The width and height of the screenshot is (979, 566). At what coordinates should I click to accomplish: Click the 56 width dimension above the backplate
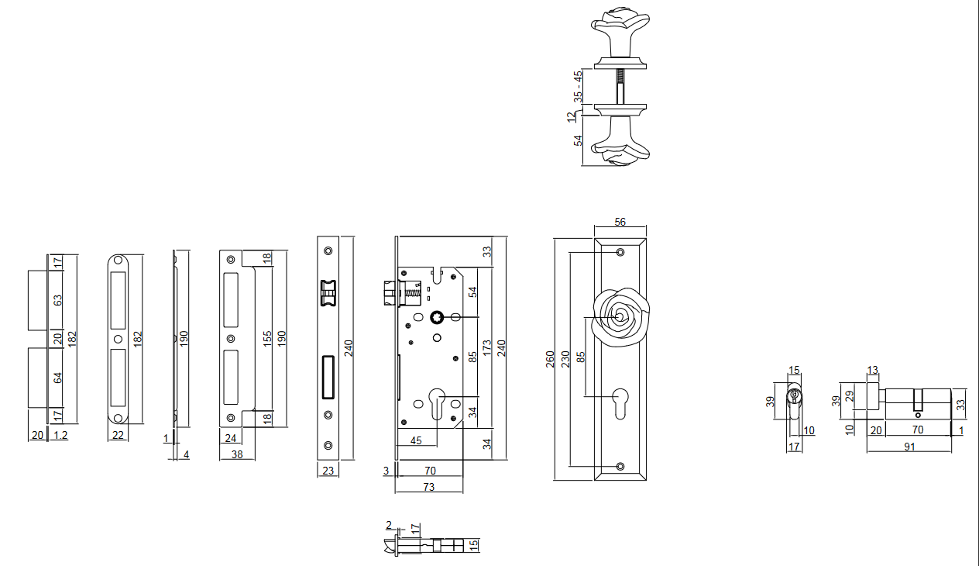click(620, 222)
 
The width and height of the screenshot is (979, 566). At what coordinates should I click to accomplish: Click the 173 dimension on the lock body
click(486, 346)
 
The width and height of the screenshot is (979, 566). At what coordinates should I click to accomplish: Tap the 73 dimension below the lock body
click(428, 487)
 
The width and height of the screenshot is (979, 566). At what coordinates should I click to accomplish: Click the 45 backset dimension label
click(416, 441)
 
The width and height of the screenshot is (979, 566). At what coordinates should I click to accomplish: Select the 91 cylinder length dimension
click(909, 447)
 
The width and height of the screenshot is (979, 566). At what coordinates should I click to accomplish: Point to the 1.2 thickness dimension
click(60, 435)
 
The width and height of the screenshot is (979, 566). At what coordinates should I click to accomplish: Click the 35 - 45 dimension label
click(577, 87)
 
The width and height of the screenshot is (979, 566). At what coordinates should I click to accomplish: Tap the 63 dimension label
click(57, 300)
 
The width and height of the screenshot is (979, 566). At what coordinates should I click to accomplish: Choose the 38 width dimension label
click(237, 454)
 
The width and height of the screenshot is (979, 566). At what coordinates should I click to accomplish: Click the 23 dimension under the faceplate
click(327, 470)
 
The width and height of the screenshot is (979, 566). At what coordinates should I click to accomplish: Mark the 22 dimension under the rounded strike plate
click(118, 435)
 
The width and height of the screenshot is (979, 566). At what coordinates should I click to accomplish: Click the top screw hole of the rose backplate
click(620, 253)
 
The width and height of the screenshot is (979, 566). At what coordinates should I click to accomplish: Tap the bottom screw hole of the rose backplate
click(620, 467)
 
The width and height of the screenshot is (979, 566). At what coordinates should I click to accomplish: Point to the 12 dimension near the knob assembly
click(572, 116)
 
